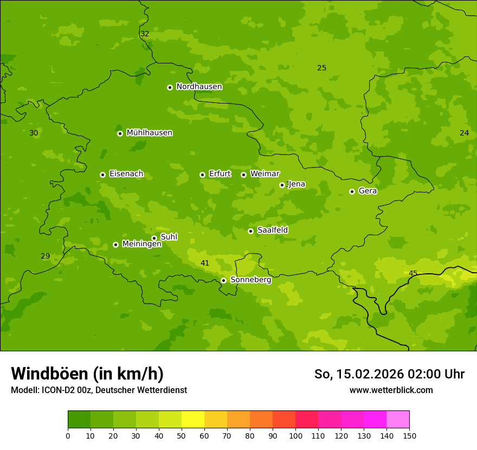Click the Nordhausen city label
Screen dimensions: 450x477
click(x=199, y=87)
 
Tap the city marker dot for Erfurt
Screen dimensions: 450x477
click(x=202, y=175)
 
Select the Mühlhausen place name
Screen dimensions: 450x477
click(x=149, y=133)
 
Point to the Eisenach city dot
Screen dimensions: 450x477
click(x=102, y=175)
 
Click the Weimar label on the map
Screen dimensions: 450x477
click(x=265, y=174)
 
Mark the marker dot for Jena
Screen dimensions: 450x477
click(x=282, y=185)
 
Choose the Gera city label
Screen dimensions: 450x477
click(x=368, y=191)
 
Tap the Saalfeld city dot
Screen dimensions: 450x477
click(x=250, y=231)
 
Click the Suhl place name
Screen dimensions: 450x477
click(x=169, y=237)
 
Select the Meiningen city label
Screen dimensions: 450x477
click(x=141, y=244)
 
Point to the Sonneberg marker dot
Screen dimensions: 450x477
click(x=223, y=280)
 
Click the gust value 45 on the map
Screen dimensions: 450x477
click(x=413, y=273)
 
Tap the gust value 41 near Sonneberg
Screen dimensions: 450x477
click(x=205, y=263)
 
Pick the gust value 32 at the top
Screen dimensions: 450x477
click(x=145, y=34)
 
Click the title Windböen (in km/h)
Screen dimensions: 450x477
click(x=87, y=374)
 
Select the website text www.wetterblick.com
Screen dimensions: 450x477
click(x=391, y=390)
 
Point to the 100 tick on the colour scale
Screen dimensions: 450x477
click(x=295, y=435)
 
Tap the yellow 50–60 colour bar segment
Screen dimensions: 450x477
click(x=193, y=420)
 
